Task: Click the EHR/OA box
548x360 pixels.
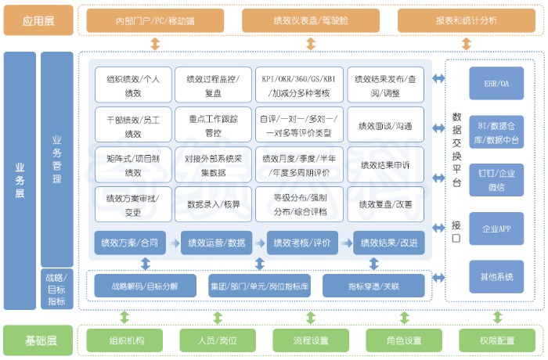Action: coord(496,83)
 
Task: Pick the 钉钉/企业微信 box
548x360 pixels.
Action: coord(496,179)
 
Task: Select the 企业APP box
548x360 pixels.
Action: coord(496,229)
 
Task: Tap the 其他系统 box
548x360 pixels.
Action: coord(496,276)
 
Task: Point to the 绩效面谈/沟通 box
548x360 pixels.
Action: coord(385,125)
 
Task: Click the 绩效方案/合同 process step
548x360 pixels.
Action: coord(129,243)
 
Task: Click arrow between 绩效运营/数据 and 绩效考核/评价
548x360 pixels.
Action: coord(260,243)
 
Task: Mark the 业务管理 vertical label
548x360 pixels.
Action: coord(57,160)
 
